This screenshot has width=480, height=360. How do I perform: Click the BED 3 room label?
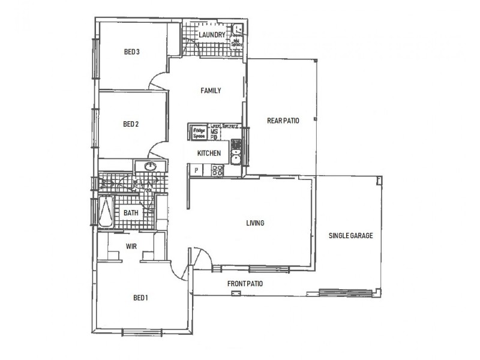pos(131,52)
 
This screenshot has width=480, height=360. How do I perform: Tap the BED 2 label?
pos(131,125)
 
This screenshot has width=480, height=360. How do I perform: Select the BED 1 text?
pos(140,298)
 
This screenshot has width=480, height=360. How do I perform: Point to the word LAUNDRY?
pos(212,35)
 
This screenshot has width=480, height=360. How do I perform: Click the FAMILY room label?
pos(211,91)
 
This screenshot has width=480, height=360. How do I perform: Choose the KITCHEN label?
pos(209,154)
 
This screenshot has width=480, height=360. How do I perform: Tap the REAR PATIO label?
pos(283,121)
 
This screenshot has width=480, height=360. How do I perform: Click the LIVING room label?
pos(255,223)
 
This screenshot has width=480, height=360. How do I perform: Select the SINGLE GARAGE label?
pos(350,236)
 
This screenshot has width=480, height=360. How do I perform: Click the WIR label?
pos(132,246)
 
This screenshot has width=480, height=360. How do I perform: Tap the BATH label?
pos(131,213)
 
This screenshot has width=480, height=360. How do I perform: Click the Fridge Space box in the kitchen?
pos(199,132)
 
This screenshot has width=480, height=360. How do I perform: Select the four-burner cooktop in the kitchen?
pos(217,170)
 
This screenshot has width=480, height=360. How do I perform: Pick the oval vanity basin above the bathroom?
pos(150,166)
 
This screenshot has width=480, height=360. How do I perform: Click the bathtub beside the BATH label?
pos(107,213)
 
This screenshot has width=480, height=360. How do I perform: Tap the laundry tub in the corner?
pos(238,28)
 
